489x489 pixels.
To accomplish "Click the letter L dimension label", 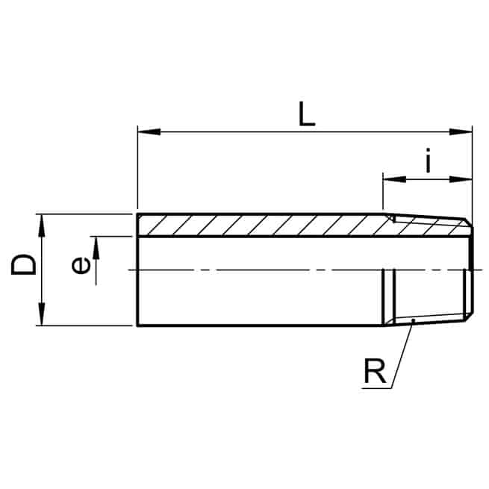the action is [x=307, y=114].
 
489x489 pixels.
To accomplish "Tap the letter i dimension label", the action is [x=429, y=161].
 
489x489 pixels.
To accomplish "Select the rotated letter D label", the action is [x=24, y=264].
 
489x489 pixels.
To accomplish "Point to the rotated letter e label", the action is [x=81, y=265].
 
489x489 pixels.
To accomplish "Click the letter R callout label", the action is [x=375, y=371].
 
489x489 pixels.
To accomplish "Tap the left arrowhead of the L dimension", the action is [x=149, y=131].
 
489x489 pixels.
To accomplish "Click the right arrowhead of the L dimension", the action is [x=461, y=131].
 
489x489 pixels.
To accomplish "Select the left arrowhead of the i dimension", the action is [x=394, y=179].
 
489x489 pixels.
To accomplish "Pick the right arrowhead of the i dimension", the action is [x=461, y=179].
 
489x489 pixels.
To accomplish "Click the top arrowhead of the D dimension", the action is [x=41, y=225].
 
